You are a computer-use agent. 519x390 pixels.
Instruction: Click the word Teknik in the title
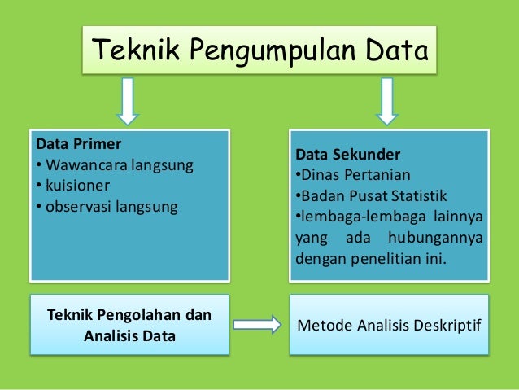pyautogui.click(x=133, y=51)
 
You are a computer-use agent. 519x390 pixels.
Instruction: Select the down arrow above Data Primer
pyautogui.click(x=127, y=101)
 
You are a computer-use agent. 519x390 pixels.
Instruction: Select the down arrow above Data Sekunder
pyautogui.click(x=386, y=101)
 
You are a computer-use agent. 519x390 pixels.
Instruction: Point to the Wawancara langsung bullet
pyautogui.click(x=114, y=166)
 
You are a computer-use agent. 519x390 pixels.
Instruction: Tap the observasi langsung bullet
pyautogui.click(x=106, y=207)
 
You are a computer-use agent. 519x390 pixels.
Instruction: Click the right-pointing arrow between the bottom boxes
pyautogui.click(x=256, y=325)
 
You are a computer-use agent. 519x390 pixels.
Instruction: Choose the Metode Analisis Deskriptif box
pyautogui.click(x=390, y=326)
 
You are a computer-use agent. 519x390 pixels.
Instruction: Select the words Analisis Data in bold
pyautogui.click(x=129, y=335)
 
